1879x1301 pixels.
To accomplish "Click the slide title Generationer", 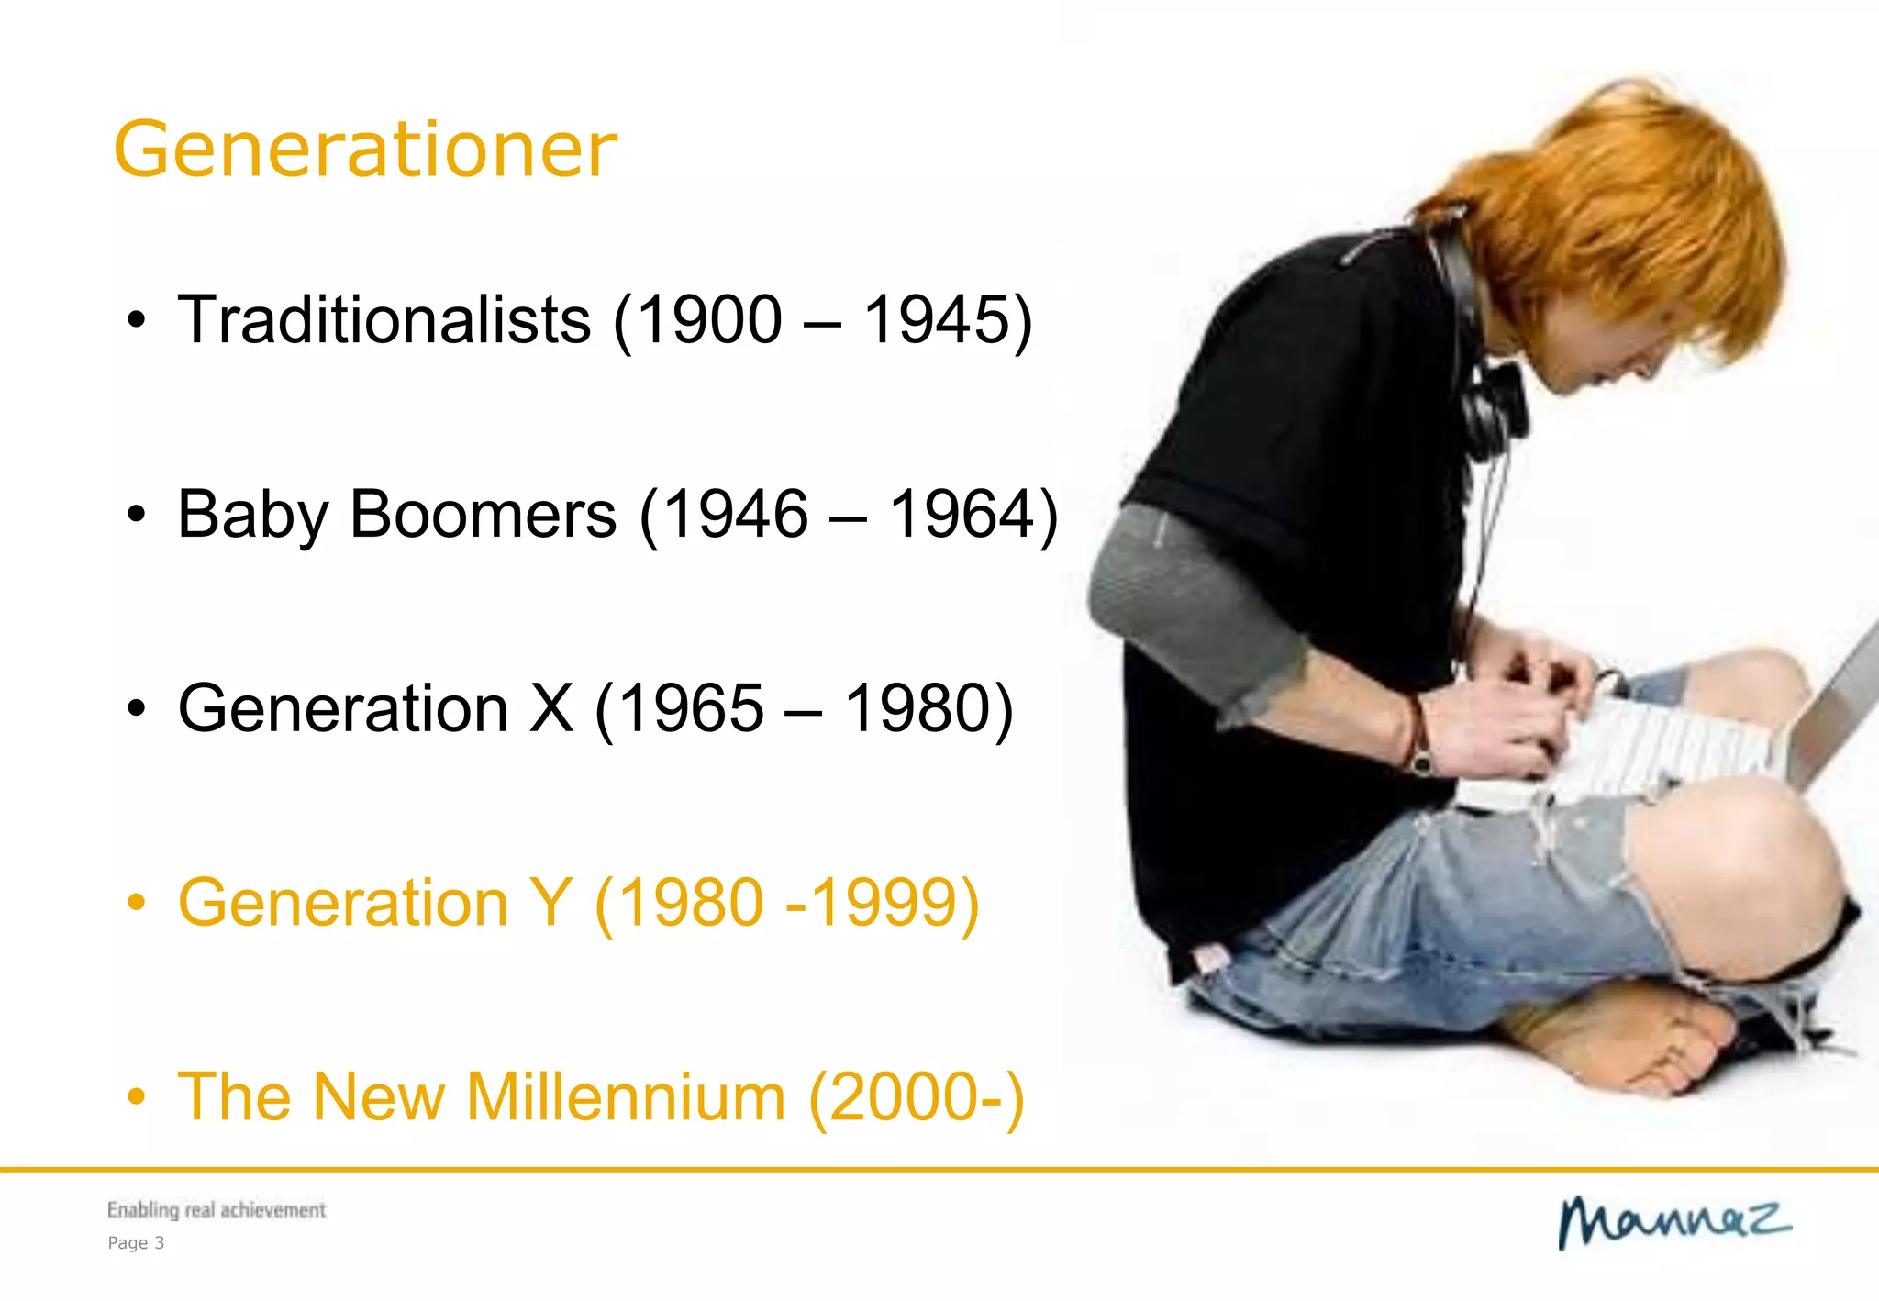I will tap(365, 150).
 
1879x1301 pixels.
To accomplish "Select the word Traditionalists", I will tap(384, 320).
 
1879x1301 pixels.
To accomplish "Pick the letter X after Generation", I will tap(551, 708).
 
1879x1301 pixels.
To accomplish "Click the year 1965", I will tap(691, 708).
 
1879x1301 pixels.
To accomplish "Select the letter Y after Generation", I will tap(551, 903).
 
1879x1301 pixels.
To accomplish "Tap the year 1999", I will tap(884, 903).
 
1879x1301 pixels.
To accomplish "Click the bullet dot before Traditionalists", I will tap(137, 321).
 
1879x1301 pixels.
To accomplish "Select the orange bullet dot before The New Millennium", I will tap(137, 1097).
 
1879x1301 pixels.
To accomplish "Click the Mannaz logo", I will tap(1673, 1222).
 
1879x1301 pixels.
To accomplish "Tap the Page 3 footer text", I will tap(136, 1243).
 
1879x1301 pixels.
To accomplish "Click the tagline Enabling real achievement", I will tap(217, 1210).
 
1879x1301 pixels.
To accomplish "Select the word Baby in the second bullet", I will tap(253, 516).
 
